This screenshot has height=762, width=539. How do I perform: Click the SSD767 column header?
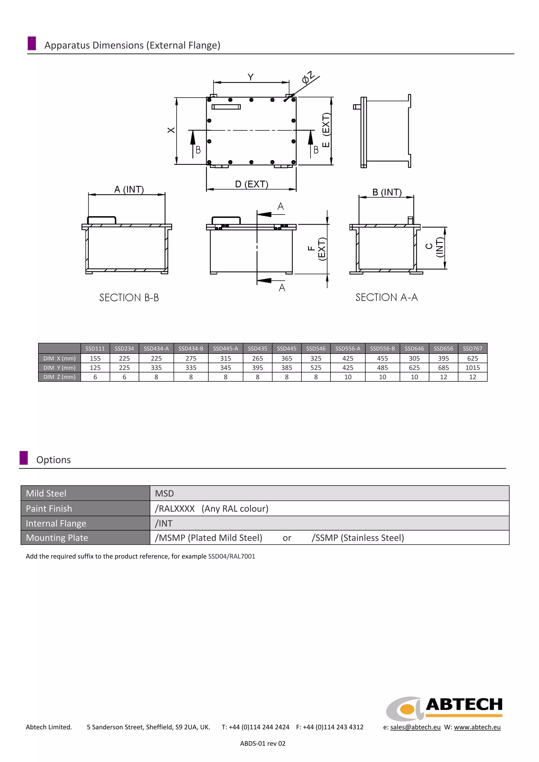tap(472, 349)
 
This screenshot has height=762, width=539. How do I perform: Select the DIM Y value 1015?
tap(472, 368)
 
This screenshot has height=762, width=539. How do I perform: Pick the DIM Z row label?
tap(59, 377)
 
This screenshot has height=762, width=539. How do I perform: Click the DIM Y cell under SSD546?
tap(316, 368)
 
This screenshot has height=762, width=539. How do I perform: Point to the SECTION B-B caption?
tap(129, 298)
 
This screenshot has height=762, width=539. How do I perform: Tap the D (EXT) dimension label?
tap(251, 184)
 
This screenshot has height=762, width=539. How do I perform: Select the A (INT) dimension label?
tap(129, 189)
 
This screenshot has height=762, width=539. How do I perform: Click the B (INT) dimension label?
tap(387, 193)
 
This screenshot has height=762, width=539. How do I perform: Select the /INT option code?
tap(164, 523)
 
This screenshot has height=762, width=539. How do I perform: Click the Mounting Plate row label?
tap(57, 538)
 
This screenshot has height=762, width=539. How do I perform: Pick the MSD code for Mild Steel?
tap(164, 493)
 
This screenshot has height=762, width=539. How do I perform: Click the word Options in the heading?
tap(53, 460)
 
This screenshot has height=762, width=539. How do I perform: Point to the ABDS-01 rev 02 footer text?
tap(263, 743)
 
